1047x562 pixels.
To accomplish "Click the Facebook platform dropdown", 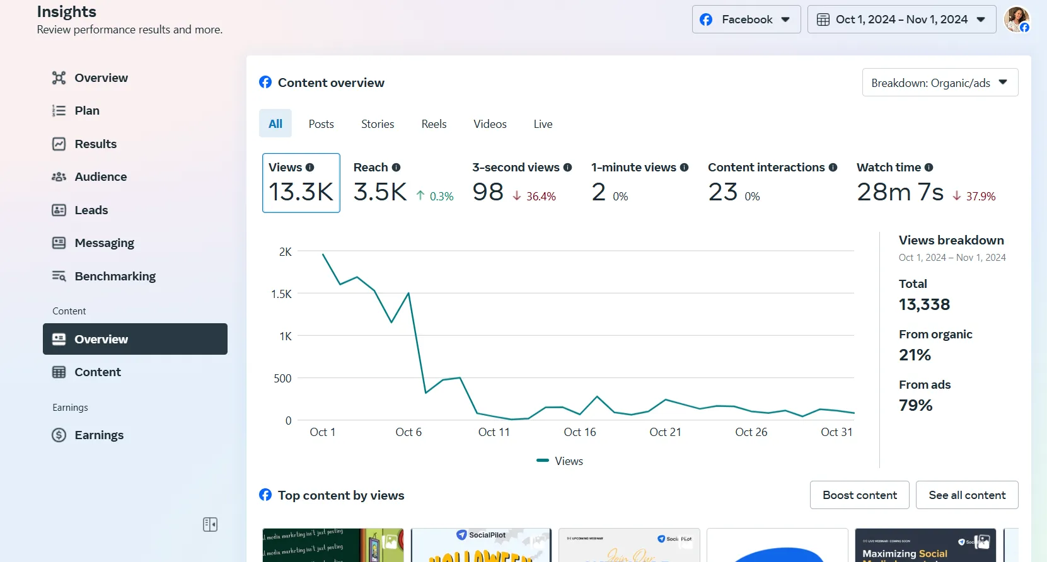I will pos(746,20).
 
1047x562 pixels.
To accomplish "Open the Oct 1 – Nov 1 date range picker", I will pos(901,20).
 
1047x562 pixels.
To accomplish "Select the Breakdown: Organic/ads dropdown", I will pos(939,83).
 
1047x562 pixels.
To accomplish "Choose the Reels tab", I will pos(434,124).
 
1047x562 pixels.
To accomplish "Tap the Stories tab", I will pos(378,124).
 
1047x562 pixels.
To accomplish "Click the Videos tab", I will pos(490,124).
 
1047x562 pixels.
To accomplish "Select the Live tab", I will pos(543,124).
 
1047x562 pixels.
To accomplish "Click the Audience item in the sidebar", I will pos(100,177).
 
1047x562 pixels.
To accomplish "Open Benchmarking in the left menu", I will pos(115,277).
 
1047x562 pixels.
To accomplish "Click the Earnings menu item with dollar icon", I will pos(98,435).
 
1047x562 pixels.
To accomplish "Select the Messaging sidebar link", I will pos(104,243).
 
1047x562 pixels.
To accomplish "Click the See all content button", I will pos(966,495).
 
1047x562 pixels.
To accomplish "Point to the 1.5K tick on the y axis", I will pos(281,294).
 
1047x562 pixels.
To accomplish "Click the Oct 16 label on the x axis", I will pos(579,432).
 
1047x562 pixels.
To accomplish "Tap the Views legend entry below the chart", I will pos(560,461).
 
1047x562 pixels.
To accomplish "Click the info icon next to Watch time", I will pos(928,168).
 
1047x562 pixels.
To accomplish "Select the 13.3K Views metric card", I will pos(301,183).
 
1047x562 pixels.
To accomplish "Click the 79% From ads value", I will pos(915,405).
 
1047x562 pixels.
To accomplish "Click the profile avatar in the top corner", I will pos(1016,20).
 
